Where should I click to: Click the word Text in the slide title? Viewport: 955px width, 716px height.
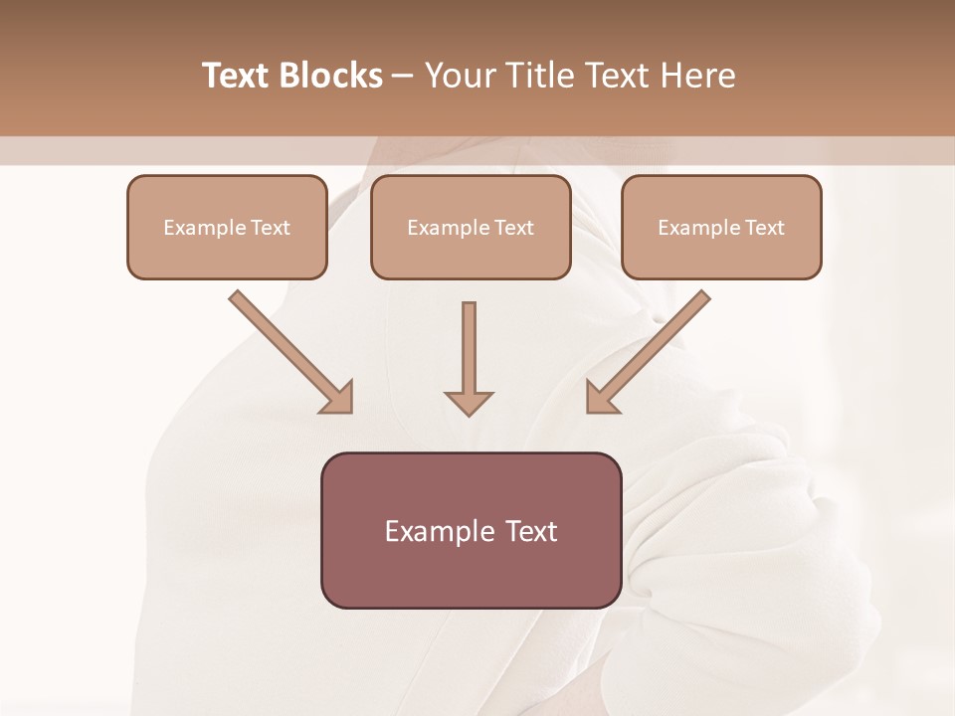click(x=236, y=76)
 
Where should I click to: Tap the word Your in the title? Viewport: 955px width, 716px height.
click(x=459, y=76)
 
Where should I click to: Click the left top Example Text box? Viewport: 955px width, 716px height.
click(x=227, y=227)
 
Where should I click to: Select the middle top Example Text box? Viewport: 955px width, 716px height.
click(x=471, y=227)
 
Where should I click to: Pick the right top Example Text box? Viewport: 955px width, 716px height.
click(x=721, y=227)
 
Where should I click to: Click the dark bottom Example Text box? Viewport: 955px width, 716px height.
click(x=471, y=530)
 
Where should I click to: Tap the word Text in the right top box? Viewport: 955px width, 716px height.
click(x=764, y=228)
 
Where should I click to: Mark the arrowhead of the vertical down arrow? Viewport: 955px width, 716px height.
click(x=469, y=402)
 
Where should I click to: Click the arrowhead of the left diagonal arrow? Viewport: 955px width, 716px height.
click(x=338, y=398)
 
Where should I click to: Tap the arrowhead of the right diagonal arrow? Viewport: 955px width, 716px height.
click(x=601, y=398)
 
